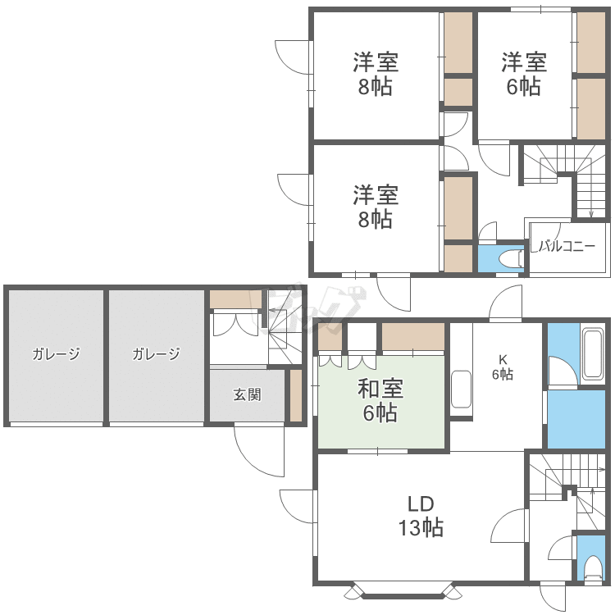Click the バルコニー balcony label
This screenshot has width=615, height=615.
[x=567, y=246]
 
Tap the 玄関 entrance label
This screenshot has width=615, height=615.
[x=247, y=395]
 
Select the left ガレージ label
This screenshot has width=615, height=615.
[x=56, y=354]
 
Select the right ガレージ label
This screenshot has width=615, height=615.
[x=156, y=354]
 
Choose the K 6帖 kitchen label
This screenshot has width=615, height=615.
[x=502, y=367]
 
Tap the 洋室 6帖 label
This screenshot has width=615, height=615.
[x=524, y=74]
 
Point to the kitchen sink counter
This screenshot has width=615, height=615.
[x=462, y=389]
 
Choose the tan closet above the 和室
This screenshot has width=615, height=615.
[x=412, y=336]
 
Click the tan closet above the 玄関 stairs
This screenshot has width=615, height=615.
[x=235, y=298]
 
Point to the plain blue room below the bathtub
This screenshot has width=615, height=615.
[x=579, y=418]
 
